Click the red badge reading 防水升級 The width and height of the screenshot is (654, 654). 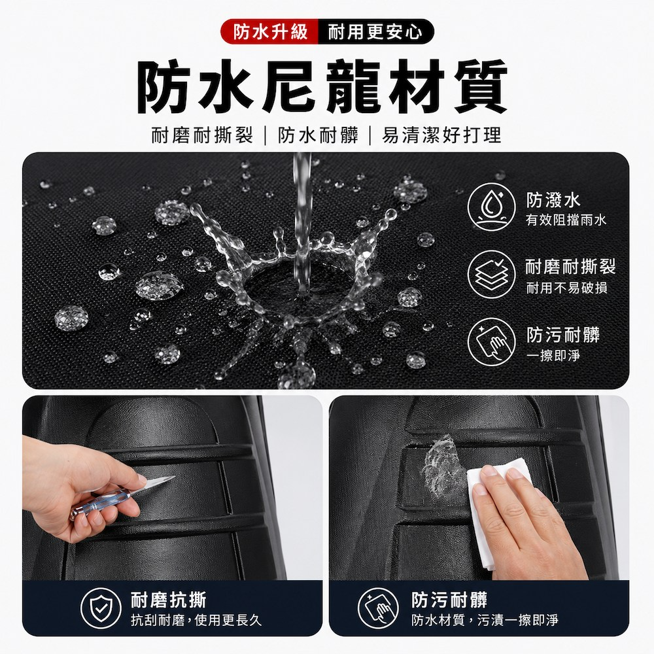(x=269, y=31)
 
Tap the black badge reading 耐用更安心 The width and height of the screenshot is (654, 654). (x=375, y=31)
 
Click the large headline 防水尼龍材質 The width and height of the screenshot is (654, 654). (x=322, y=87)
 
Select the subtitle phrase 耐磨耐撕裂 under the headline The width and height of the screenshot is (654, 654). (x=202, y=135)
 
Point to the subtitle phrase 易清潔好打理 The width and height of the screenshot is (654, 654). (x=441, y=135)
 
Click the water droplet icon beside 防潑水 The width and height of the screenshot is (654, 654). (x=492, y=207)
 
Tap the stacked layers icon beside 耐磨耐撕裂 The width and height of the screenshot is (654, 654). (x=492, y=275)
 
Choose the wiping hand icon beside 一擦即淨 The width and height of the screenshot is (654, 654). (x=492, y=342)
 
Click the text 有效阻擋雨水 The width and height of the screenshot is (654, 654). (x=566, y=220)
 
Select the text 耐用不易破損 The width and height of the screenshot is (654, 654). (x=566, y=288)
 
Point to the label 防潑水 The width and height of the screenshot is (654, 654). (x=553, y=200)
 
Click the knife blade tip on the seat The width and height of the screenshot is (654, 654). (x=175, y=477)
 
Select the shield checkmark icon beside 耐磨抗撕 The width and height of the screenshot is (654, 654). (x=101, y=608)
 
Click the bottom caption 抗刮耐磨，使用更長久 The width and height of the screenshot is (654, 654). (x=196, y=621)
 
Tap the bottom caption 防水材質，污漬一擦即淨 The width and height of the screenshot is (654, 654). (x=485, y=621)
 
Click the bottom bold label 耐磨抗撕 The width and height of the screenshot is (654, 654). (x=169, y=600)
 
